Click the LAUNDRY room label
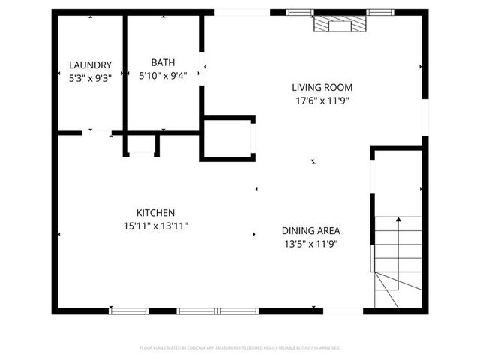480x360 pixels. pyautogui.click(x=90, y=64)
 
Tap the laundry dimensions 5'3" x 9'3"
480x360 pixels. pyautogui.click(x=90, y=76)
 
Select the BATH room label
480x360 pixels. pyautogui.click(x=163, y=62)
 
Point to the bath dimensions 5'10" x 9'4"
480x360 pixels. pyautogui.click(x=163, y=74)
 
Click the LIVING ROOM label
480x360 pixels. pyautogui.click(x=321, y=87)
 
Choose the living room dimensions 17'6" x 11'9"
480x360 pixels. pyautogui.click(x=321, y=100)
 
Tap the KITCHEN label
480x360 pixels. pyautogui.click(x=155, y=212)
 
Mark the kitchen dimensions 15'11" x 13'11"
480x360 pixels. pyautogui.click(x=155, y=225)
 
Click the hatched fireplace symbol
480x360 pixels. pyautogui.click(x=340, y=25)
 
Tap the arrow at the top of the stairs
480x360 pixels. pyautogui.click(x=397, y=219)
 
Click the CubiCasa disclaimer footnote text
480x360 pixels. pyautogui.click(x=240, y=347)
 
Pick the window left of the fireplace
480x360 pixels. pyautogui.click(x=301, y=12)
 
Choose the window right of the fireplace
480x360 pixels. pyautogui.click(x=379, y=12)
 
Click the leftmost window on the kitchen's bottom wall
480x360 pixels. pyautogui.click(x=129, y=310)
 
